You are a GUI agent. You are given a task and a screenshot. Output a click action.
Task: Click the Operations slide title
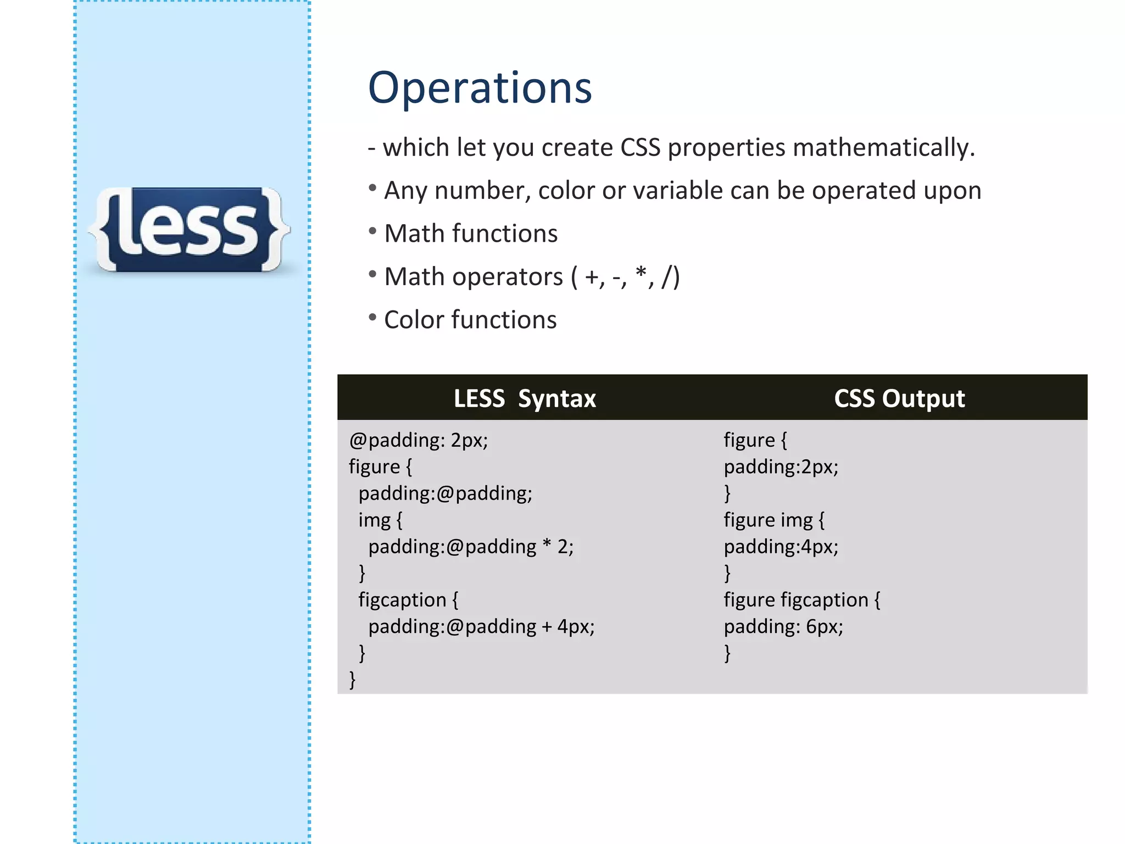pyautogui.click(x=480, y=88)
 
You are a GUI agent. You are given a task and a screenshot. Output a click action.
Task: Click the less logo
pyautogui.click(x=188, y=230)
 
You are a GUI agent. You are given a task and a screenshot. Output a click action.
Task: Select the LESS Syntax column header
pyautogui.click(x=524, y=398)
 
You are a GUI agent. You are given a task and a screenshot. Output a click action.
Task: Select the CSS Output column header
pyautogui.click(x=899, y=398)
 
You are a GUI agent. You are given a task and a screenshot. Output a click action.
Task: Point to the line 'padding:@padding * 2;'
pyautogui.click(x=470, y=547)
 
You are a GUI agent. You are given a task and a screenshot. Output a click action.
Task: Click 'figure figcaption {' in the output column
pyautogui.click(x=801, y=599)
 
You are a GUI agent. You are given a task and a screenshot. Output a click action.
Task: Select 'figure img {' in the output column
pyautogui.click(x=773, y=520)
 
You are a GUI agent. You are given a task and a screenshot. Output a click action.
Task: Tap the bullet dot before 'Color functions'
pyautogui.click(x=372, y=317)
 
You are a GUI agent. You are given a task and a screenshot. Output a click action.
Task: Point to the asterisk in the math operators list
pyautogui.click(x=641, y=273)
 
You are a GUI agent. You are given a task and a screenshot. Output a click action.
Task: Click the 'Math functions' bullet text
pyautogui.click(x=470, y=234)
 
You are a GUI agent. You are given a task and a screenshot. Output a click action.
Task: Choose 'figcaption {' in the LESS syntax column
pyautogui.click(x=408, y=599)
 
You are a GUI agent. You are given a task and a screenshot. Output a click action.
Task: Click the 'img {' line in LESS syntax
pyautogui.click(x=380, y=520)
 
